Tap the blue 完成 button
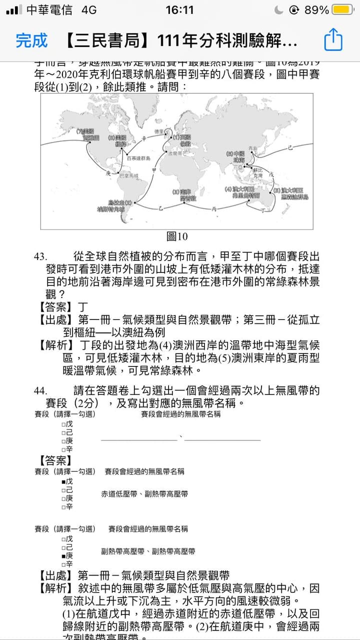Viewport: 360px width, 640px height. point(31,40)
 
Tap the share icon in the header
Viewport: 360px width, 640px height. point(333,40)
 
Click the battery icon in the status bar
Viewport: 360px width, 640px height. point(342,10)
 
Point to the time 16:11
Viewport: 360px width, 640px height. point(179,10)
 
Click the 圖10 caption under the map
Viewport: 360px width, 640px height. point(176,236)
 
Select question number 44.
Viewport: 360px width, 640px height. point(40,390)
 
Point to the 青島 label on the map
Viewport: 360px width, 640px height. point(252,148)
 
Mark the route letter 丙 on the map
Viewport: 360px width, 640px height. point(214,209)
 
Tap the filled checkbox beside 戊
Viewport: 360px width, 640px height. point(63,481)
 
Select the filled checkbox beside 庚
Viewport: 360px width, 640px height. point(63,555)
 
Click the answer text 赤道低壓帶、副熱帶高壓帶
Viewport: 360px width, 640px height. point(144,494)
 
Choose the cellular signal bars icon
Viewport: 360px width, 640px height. point(15,10)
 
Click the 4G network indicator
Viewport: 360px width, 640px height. point(88,10)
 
